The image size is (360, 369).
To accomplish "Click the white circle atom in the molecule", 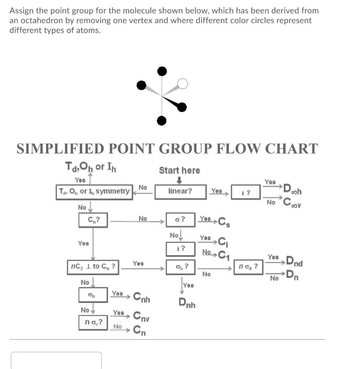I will (183, 84).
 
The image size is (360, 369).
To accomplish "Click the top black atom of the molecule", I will (162, 71).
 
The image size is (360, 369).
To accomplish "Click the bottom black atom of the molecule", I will (162, 120).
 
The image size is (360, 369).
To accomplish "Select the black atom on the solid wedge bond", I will (182, 106).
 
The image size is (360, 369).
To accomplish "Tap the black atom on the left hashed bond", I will (141, 85).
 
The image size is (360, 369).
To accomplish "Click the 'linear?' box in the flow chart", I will (180, 191).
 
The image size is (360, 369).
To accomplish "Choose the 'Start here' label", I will (179, 170).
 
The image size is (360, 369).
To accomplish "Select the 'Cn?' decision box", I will (93, 219).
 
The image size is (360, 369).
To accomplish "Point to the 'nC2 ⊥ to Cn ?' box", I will (93, 267).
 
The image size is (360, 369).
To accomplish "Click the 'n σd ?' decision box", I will (248, 267).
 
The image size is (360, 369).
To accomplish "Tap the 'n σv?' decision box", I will (93, 322).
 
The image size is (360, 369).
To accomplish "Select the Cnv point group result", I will (141, 317).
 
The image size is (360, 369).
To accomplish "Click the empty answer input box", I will (56, 360).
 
